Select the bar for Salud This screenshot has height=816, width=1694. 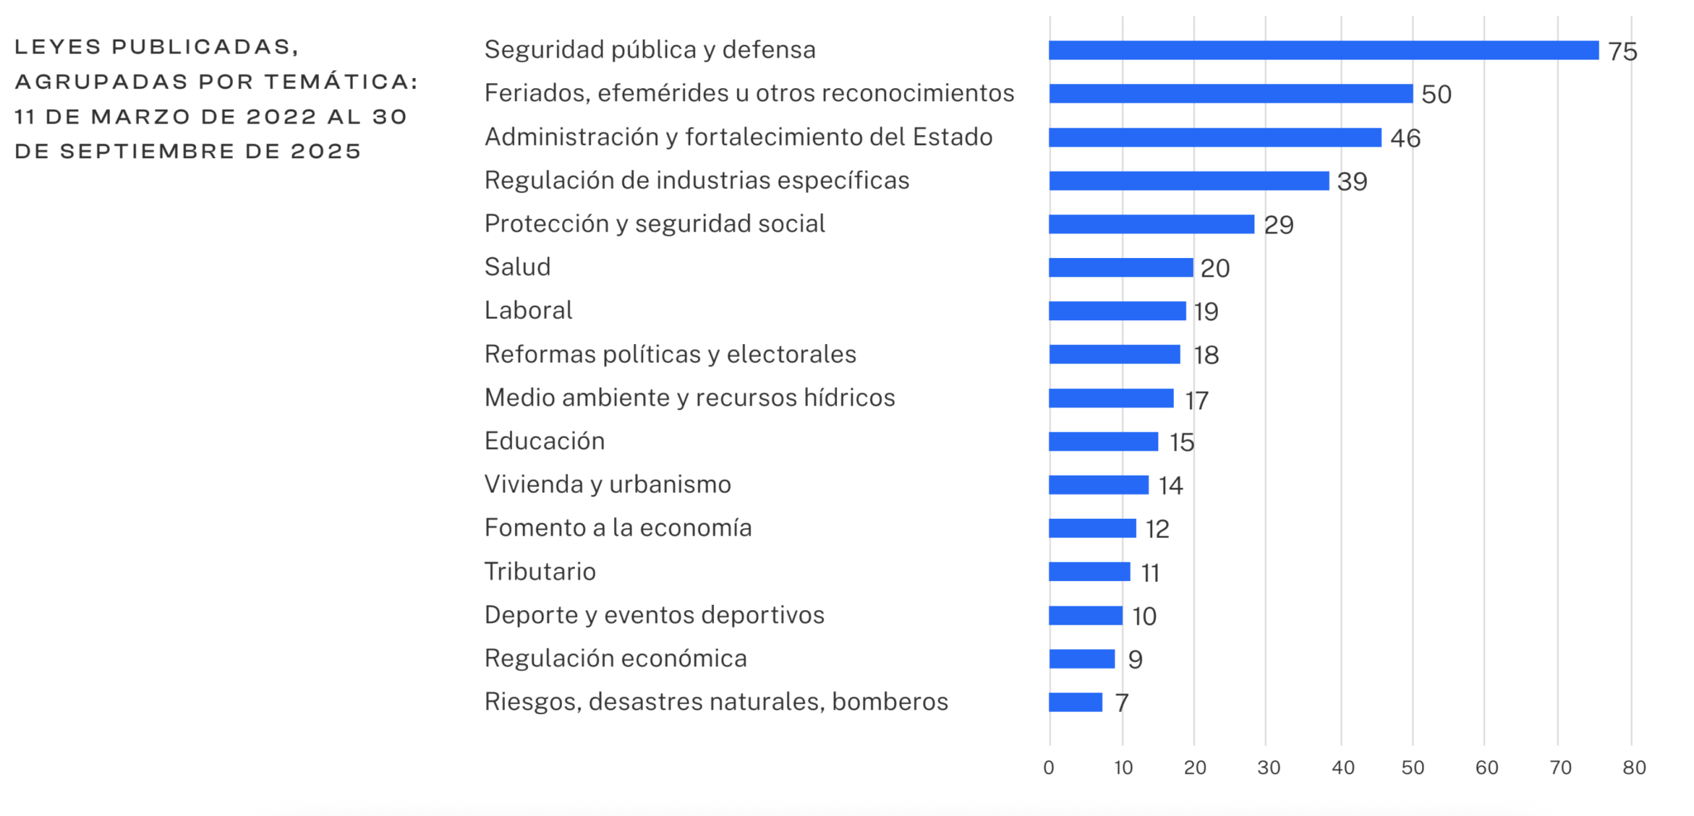[1120, 267]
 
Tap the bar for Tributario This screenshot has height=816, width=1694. [1089, 571]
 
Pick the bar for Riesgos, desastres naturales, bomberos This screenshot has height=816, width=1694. [1075, 702]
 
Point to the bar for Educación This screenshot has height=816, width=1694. [1103, 441]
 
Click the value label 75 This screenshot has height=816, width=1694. [1622, 52]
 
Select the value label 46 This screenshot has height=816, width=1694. [1405, 138]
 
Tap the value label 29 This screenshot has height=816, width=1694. [1278, 225]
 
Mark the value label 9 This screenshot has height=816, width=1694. [1135, 659]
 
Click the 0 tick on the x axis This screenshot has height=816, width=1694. [1049, 768]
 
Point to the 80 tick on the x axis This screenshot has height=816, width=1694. [1634, 768]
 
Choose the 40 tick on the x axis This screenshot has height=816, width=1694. [1343, 768]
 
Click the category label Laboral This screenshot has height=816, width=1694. [528, 310]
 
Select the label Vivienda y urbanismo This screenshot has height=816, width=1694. [607, 484]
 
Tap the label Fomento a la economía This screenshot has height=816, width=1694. [618, 528]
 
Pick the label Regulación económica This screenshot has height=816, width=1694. [615, 658]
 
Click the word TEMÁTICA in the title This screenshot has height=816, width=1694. [341, 82]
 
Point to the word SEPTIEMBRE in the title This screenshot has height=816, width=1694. [147, 152]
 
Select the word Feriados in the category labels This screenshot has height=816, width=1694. [534, 93]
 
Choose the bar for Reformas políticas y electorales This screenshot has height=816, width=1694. [1114, 355]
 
